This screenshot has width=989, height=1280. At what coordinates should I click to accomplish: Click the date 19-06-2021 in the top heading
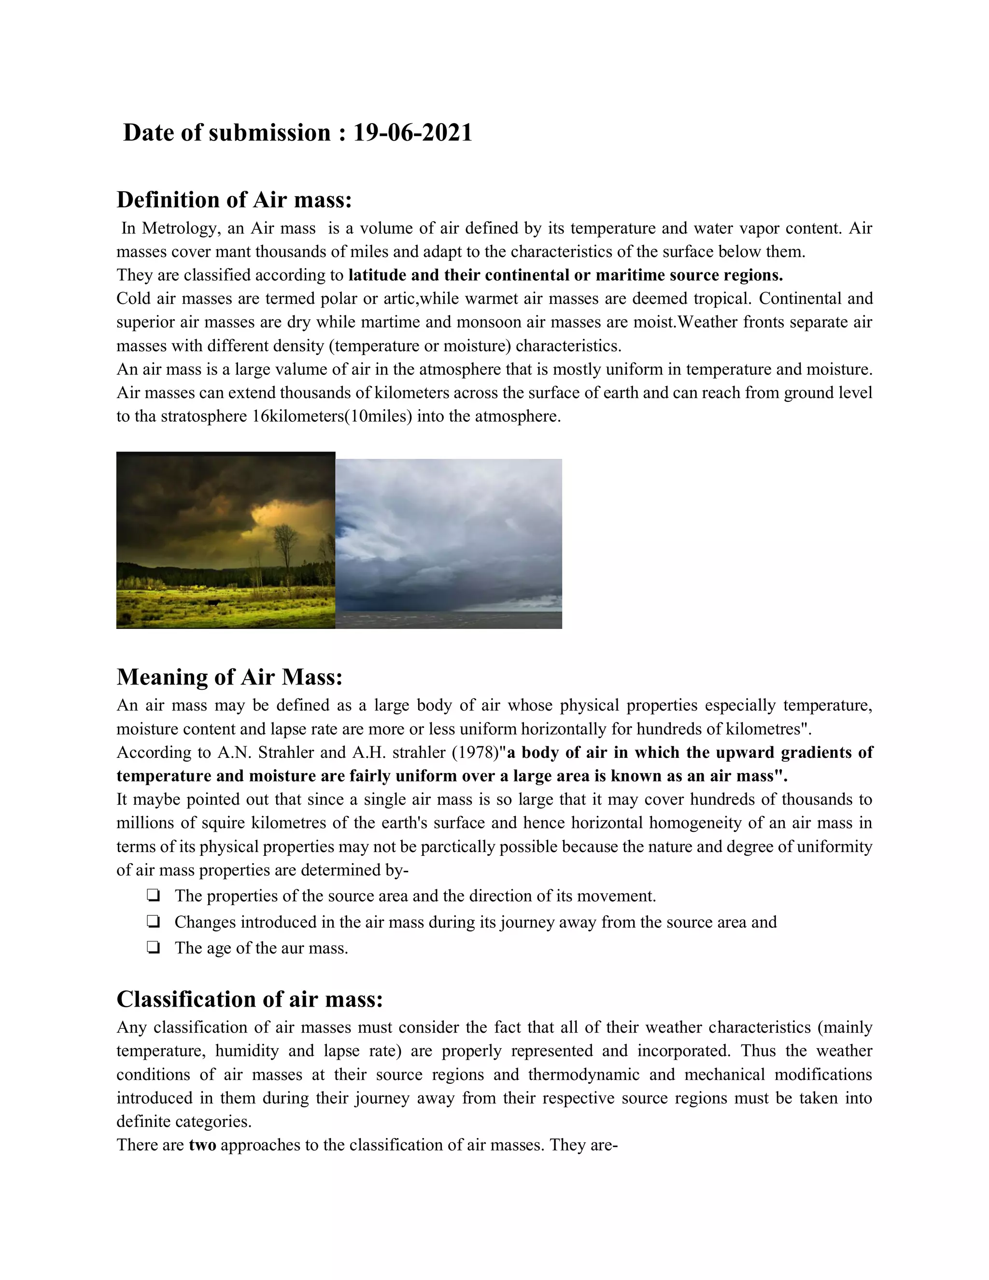coord(412,133)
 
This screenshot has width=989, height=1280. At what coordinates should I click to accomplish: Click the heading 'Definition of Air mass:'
coord(234,200)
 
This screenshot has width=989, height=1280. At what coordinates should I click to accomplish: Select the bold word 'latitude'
coord(377,275)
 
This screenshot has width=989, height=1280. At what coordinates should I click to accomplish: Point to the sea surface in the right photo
coord(448,620)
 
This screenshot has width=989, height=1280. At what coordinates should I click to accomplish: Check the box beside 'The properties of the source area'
coord(153,896)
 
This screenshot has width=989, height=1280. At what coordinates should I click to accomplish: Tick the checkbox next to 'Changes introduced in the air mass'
coord(153,922)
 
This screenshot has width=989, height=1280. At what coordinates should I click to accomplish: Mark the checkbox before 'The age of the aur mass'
coord(153,948)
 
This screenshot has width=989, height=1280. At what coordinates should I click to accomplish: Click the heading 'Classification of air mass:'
coord(250,999)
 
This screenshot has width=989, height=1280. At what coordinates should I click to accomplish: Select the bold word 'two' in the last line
coord(202,1145)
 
